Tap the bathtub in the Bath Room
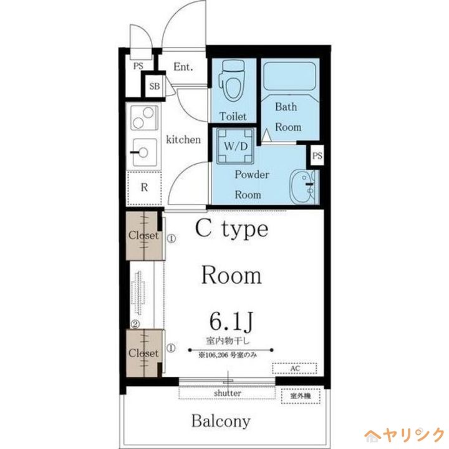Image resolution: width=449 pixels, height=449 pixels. (289, 77)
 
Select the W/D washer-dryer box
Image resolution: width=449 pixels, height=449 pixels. (235, 146)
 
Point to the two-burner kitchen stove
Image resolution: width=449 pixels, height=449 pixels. (144, 118)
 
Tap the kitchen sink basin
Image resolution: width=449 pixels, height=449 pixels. (145, 152)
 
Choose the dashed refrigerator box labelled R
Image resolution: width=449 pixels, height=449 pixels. (144, 188)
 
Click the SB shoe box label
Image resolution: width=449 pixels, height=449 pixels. (155, 86)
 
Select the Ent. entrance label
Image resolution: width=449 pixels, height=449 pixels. (183, 67)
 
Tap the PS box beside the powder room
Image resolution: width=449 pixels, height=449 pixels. (317, 156)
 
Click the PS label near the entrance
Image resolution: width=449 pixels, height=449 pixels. (138, 66)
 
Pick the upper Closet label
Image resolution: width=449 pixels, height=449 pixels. (143, 235)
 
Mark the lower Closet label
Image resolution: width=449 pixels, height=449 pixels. (143, 353)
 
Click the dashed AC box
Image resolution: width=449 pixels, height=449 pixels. (294, 369)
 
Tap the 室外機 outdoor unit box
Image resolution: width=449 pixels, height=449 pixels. (301, 396)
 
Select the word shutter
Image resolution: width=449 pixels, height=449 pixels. (228, 393)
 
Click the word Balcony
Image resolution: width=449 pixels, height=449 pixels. (221, 421)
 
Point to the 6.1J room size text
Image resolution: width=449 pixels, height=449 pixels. (231, 321)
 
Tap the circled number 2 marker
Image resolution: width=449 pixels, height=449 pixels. (135, 324)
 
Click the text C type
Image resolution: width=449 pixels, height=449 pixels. (231, 229)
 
